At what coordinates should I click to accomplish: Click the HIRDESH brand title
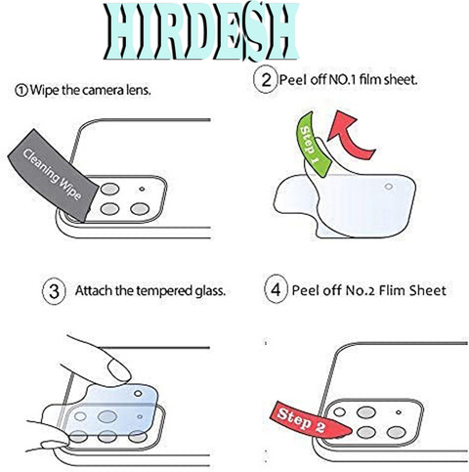coord(201,32)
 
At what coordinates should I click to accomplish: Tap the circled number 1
coord(21,90)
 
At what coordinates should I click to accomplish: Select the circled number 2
coord(266,80)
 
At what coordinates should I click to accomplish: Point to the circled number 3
coord(55,291)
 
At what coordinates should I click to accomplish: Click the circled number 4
coord(276,289)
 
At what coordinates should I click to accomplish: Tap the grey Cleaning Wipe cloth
coord(54,176)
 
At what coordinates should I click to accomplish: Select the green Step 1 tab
coord(312,145)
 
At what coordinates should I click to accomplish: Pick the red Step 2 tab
coord(310,421)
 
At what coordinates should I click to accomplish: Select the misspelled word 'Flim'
coord(393,290)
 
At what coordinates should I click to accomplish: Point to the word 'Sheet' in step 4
coord(428,290)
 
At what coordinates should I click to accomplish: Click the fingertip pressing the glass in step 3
coord(119,369)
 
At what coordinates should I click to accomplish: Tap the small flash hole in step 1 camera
coord(142,189)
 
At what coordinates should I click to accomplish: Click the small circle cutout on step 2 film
coord(389,187)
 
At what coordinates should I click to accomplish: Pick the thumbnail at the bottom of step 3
coord(54,444)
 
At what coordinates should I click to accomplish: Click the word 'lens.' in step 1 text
coord(139,90)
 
